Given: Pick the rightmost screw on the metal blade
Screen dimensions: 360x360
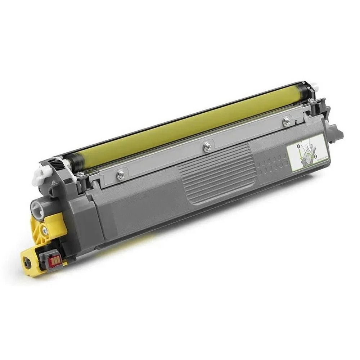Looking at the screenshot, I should point(287,121).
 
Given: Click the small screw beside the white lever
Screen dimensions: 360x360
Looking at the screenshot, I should point(77,175).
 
